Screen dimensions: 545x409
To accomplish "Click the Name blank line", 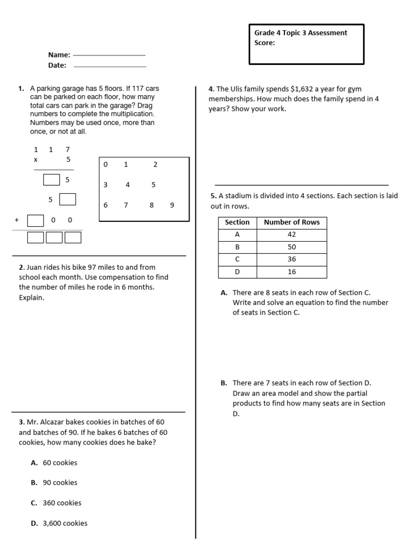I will [109, 55].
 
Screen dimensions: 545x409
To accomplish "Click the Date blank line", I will [110, 67].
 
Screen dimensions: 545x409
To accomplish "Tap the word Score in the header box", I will [264, 43].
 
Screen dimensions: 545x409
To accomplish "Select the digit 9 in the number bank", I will [172, 205].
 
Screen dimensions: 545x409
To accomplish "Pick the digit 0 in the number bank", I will [105, 164].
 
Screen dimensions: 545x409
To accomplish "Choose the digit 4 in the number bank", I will [128, 185].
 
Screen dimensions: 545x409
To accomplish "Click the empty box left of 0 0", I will [35, 220].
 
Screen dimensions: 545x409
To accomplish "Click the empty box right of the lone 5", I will [68, 200].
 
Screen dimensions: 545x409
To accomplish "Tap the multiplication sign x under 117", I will [36, 159].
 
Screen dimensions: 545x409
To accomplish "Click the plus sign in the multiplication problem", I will [17, 220].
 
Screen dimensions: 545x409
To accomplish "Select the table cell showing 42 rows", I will [291, 235].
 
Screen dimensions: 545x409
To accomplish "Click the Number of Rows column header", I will [291, 222].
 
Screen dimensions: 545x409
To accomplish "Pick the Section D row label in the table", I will [237, 271].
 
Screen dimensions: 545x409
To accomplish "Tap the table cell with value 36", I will [291, 259].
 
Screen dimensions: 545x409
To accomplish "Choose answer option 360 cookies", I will [63, 503].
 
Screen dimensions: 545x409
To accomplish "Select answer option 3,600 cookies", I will [65, 523].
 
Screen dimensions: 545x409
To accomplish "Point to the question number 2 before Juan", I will [21, 267].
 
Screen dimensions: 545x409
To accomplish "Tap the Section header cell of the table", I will [237, 222].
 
